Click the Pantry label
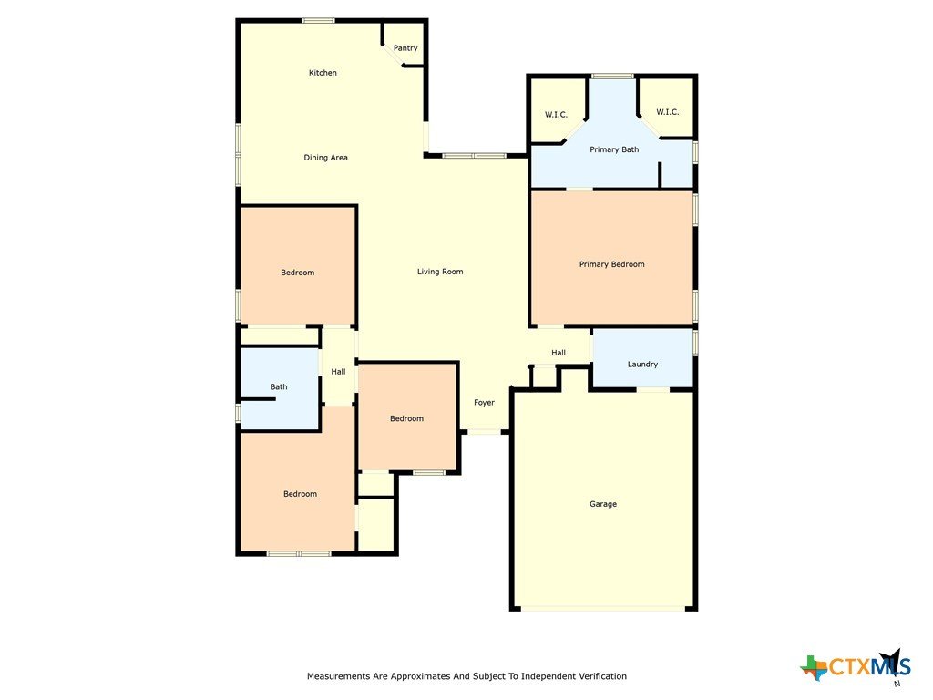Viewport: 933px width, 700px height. pos(405,48)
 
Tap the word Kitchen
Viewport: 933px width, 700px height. pos(323,73)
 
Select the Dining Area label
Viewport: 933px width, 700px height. pos(325,158)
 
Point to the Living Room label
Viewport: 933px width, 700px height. pos(440,272)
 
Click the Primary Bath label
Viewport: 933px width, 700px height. pos(614,149)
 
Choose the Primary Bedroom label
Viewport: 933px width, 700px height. pos(611,264)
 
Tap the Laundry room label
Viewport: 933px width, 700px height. pos(642,365)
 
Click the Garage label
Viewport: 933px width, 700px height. pos(603,504)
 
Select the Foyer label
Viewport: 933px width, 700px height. pos(484,403)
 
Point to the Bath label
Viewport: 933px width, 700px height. pos(279,386)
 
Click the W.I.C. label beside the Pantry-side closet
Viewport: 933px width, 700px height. pos(557,115)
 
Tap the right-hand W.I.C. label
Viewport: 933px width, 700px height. pos(668,112)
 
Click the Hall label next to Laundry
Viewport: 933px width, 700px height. pos(559,353)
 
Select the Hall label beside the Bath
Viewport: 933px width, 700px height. pos(338,372)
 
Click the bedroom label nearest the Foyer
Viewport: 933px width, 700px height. pos(406,419)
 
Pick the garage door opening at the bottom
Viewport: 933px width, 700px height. pos(603,609)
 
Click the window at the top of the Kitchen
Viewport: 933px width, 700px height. pos(318,21)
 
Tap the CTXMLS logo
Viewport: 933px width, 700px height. pos(856,665)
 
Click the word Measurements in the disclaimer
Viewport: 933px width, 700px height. pos(337,676)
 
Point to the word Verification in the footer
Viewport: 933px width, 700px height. pos(600,676)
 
